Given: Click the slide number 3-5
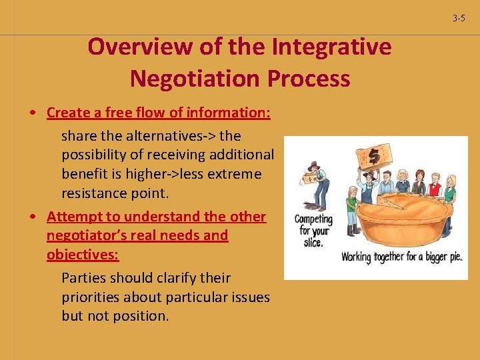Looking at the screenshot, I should pyautogui.click(x=459, y=18).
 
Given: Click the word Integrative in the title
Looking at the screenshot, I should pyautogui.click(x=331, y=47).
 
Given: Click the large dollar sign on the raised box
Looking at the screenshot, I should pyautogui.click(x=374, y=156).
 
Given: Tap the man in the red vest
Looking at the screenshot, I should pyautogui.click(x=435, y=185).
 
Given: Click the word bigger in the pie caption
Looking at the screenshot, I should pyautogui.click(x=421, y=257).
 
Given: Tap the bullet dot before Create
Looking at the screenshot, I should pyautogui.click(x=32, y=113).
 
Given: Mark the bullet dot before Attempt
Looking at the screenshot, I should pyautogui.click(x=32, y=217).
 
